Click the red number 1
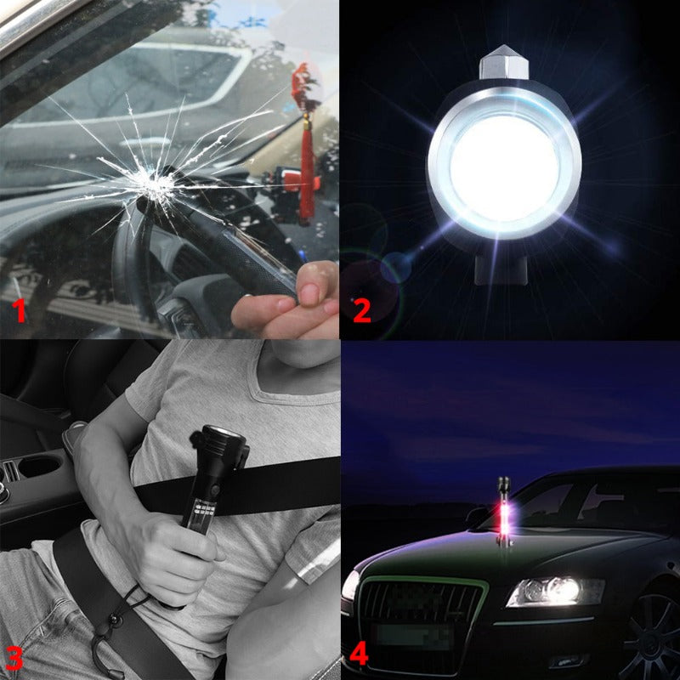click(18, 312)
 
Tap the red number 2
click(361, 310)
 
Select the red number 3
click(14, 655)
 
